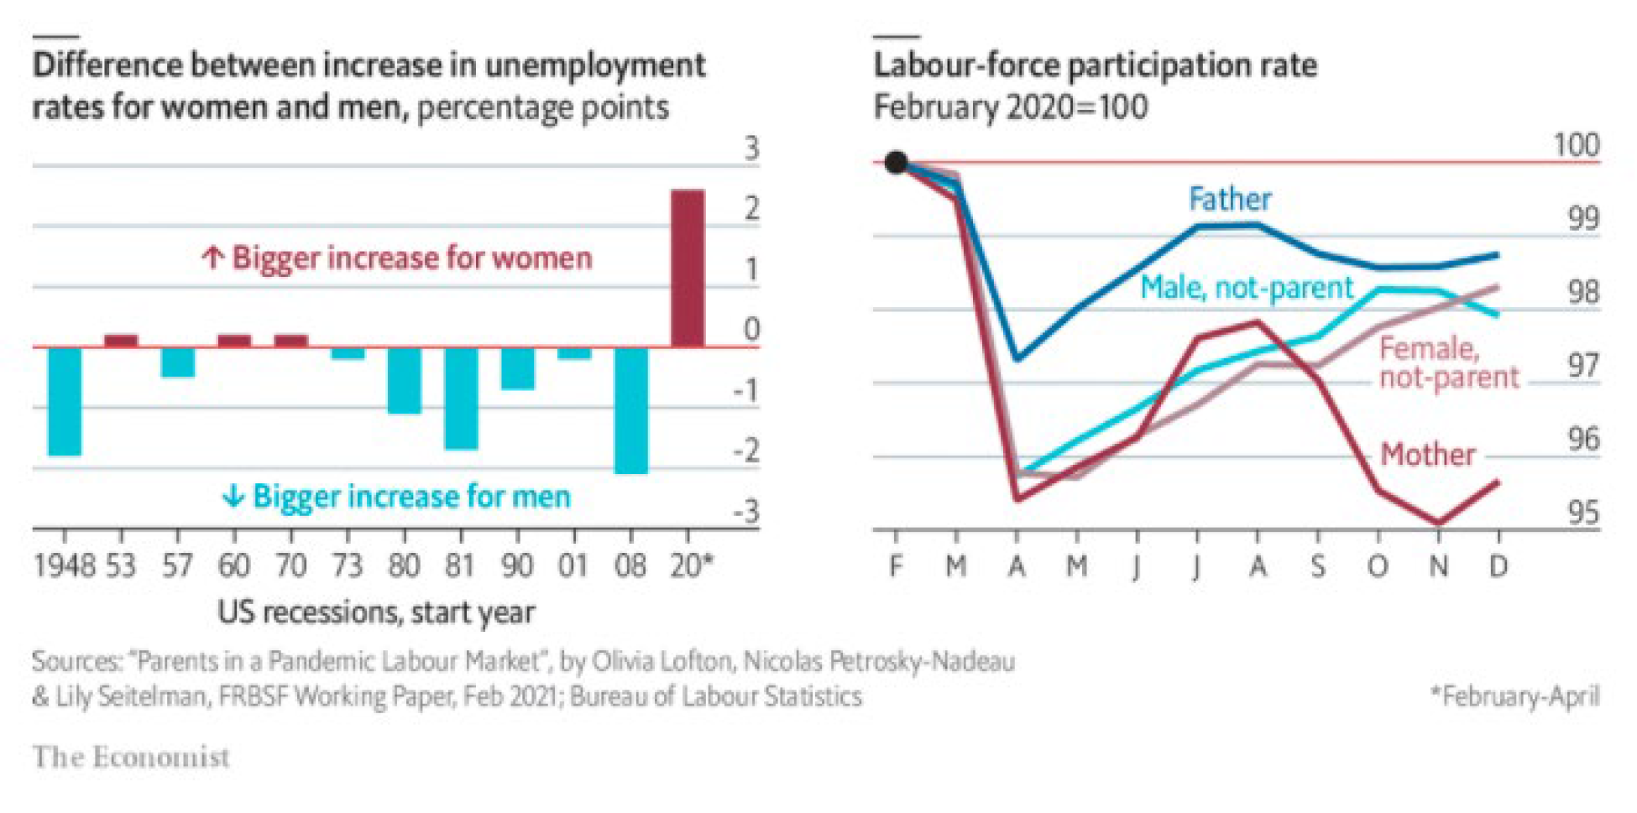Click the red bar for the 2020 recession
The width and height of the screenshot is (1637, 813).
pyautogui.click(x=688, y=268)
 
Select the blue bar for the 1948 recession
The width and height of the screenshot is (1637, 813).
pyautogui.click(x=65, y=400)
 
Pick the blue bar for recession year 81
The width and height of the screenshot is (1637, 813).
pyautogui.click(x=461, y=398)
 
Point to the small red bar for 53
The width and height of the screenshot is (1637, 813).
pyautogui.click(x=121, y=341)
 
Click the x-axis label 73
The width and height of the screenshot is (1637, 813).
pyautogui.click(x=347, y=566)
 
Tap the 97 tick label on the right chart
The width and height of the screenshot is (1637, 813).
pyautogui.click(x=1583, y=366)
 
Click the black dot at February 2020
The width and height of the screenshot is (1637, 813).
pyautogui.click(x=896, y=162)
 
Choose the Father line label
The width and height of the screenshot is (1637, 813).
pyautogui.click(x=1230, y=199)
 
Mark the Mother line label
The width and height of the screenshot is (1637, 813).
pyautogui.click(x=1427, y=454)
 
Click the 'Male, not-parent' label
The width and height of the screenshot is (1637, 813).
pyautogui.click(x=1247, y=288)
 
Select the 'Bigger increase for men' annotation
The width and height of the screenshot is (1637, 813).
pyautogui.click(x=396, y=496)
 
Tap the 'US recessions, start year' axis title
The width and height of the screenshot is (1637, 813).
pyautogui.click(x=376, y=612)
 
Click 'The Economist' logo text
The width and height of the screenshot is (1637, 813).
pyautogui.click(x=131, y=757)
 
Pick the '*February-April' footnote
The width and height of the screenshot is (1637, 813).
pyautogui.click(x=1515, y=696)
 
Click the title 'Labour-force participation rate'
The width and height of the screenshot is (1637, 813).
pyautogui.click(x=1095, y=65)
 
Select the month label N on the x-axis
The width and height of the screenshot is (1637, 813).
pyautogui.click(x=1439, y=567)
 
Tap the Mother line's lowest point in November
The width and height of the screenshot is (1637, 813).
pyautogui.click(x=1439, y=523)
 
